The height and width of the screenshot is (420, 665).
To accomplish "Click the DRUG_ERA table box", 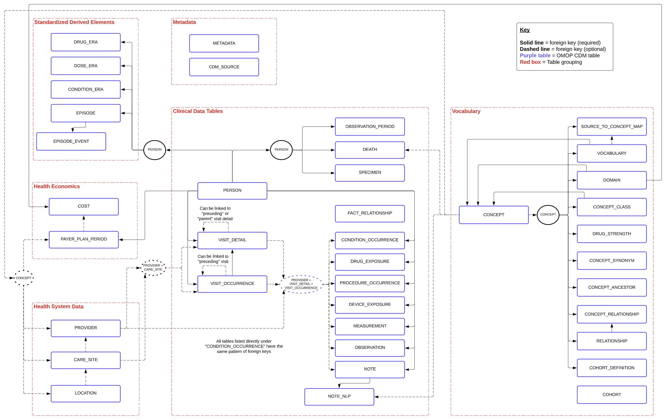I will point(86,42).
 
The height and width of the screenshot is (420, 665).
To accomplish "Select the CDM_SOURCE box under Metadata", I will point(224,67).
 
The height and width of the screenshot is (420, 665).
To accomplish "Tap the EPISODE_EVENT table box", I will point(71,141).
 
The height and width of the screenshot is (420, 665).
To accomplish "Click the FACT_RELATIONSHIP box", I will point(370,213).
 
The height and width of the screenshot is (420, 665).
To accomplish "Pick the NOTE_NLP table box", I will point(339,396).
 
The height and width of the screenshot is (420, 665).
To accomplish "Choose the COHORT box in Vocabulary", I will point(611,395).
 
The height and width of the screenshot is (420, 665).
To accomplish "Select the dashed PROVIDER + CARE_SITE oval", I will point(153,268).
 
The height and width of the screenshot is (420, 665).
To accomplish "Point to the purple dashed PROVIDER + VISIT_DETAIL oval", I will point(301,284).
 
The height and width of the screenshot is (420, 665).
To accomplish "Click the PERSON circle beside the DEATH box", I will point(281,150).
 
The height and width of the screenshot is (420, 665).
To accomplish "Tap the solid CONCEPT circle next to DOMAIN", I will point(548,215).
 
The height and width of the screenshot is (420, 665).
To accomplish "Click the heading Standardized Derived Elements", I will point(74,22).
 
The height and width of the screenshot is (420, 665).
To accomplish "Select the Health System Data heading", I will point(58,307).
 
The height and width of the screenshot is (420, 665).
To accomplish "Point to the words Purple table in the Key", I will point(535,55).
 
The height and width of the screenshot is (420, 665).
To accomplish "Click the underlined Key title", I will point(524,30).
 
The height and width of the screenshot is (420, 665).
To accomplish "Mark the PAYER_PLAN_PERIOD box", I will point(84,239).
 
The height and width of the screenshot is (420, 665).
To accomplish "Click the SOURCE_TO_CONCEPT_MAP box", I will point(611,127).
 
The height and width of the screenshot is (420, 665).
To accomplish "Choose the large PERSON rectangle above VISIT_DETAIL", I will point(232,190).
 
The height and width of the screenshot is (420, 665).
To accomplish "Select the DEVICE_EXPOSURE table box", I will point(370,305).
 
